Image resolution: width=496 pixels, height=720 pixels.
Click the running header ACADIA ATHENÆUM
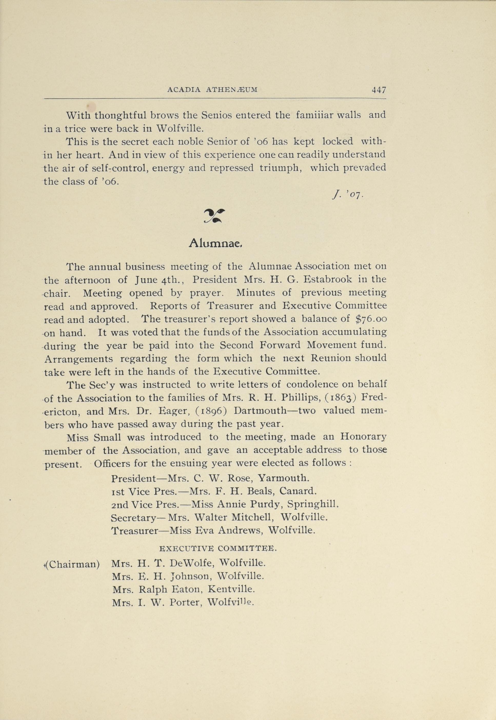[x=212, y=90]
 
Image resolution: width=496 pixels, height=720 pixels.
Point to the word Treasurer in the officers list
[x=135, y=531]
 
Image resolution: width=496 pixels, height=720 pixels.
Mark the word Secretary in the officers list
[x=133, y=517]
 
